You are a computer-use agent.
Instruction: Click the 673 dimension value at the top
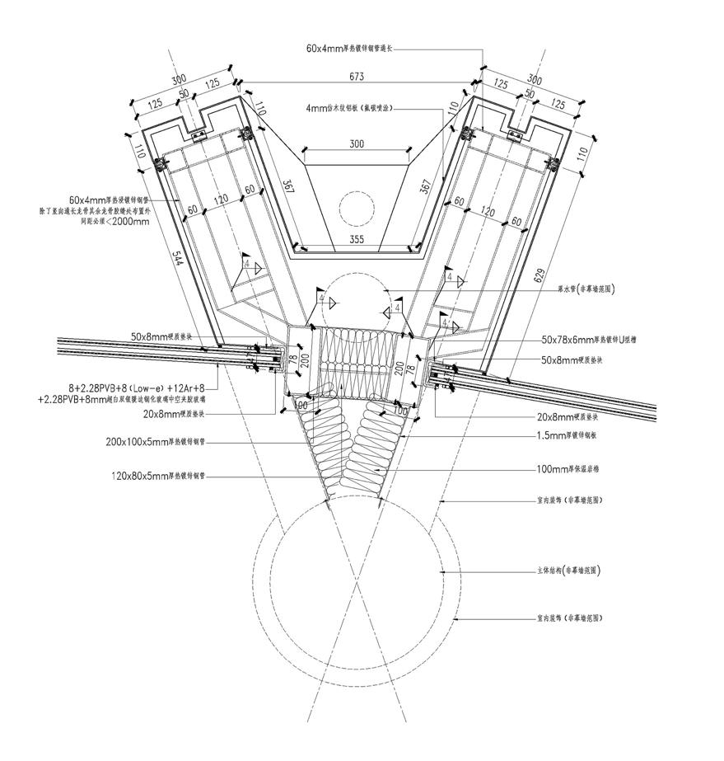[357, 77]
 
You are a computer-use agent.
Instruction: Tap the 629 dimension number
[540, 275]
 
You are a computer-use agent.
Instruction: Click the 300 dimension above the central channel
[357, 144]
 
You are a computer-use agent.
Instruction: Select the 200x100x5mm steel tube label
[156, 442]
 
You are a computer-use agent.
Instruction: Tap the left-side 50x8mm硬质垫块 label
[161, 336]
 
